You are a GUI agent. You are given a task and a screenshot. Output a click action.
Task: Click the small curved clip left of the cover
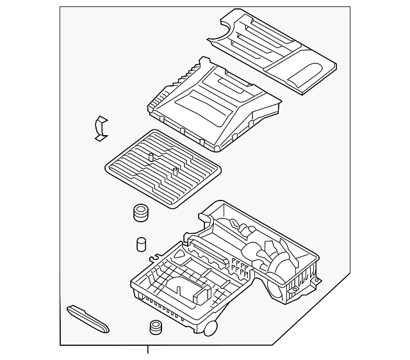101,127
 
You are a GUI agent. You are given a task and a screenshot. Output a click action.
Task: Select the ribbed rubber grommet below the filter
140,213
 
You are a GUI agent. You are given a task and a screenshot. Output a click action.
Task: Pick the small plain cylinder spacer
142,245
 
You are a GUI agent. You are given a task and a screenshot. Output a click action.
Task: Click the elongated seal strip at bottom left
88,318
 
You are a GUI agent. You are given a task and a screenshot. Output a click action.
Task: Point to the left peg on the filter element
149,156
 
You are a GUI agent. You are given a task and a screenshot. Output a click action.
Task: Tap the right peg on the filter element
174,170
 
